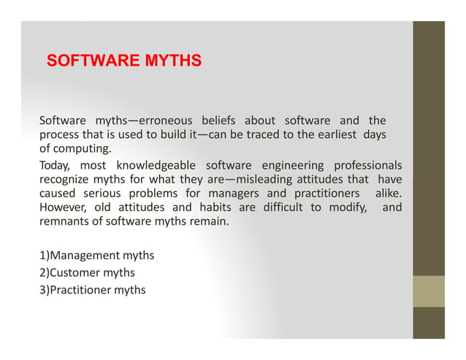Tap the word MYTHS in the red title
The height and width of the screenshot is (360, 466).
coord(173,61)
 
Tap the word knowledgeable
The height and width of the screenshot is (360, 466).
coord(156,165)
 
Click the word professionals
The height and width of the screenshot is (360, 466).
coord(368,165)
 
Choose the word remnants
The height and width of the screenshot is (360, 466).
coord(64,222)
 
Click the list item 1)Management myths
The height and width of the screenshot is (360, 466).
coord(96,256)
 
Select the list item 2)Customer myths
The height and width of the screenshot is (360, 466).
coord(87,272)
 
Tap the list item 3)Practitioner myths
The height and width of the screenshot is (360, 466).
coord(92,290)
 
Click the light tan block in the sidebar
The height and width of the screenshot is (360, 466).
coord(428,291)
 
